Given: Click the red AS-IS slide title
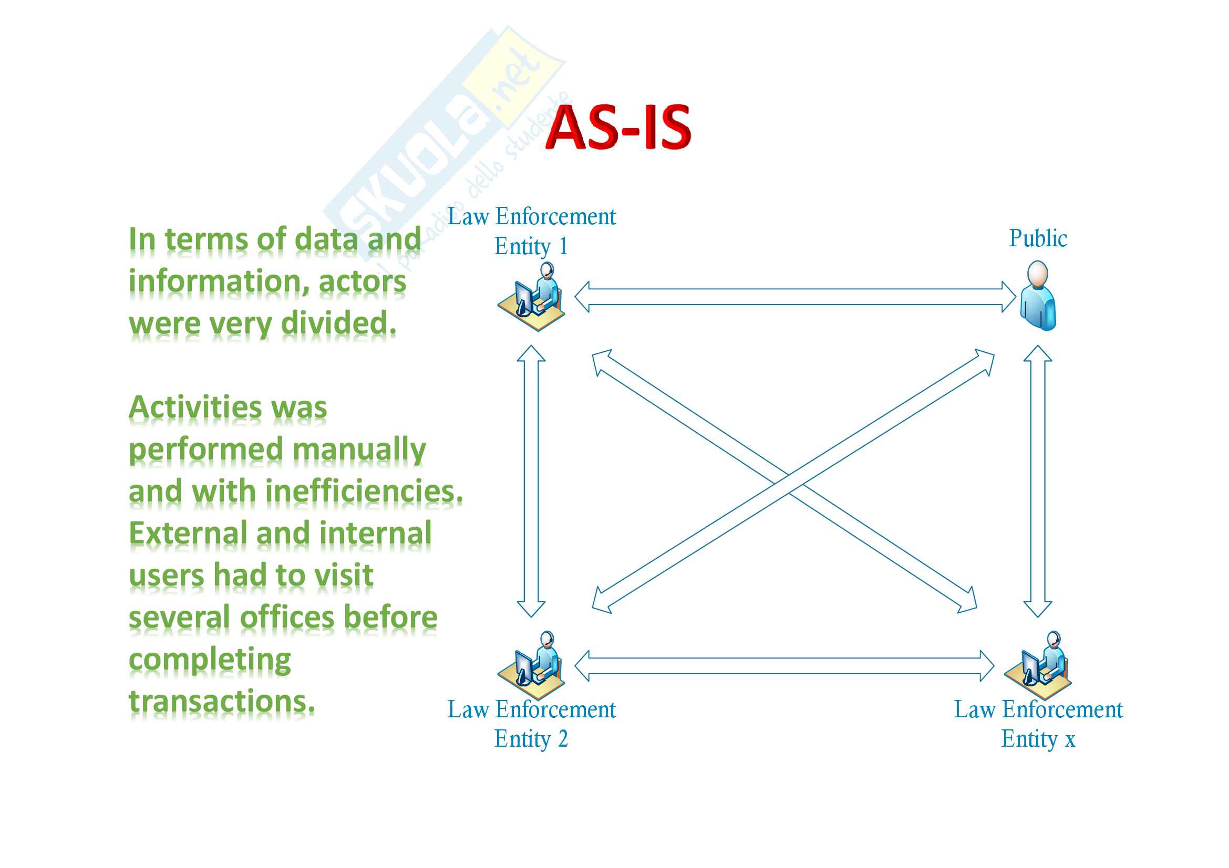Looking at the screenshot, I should (618, 127).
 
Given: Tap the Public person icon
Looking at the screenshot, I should (1037, 296).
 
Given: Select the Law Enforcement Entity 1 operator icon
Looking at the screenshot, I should (532, 297).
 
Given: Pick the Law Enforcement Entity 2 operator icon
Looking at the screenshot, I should (532, 662).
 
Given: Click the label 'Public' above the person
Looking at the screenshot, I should (1037, 238).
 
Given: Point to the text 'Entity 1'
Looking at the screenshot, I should (531, 247).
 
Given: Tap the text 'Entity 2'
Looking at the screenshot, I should (531, 739).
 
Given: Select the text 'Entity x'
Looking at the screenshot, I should (1038, 739).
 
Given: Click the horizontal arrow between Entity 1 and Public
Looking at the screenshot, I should (795, 297).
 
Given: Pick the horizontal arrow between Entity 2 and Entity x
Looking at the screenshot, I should (784, 666).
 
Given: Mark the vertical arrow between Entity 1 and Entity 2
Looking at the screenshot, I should (531, 482).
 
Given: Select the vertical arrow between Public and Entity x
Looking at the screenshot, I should (1037, 482).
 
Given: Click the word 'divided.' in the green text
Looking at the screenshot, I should (338, 323).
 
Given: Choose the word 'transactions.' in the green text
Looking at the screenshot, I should (222, 701).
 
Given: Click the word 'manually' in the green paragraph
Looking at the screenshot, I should (359, 450).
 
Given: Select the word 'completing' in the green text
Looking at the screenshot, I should (210, 660).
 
